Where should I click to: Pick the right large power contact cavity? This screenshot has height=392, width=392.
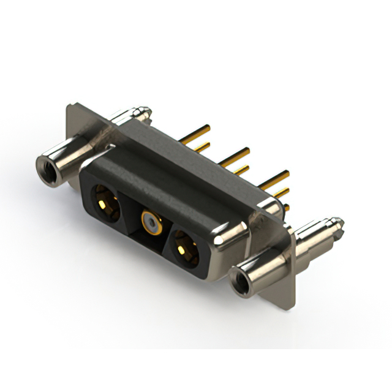pos(183,250)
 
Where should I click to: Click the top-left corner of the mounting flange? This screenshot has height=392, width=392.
pos(69,106)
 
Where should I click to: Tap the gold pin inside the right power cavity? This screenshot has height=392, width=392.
pos(182,250)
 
